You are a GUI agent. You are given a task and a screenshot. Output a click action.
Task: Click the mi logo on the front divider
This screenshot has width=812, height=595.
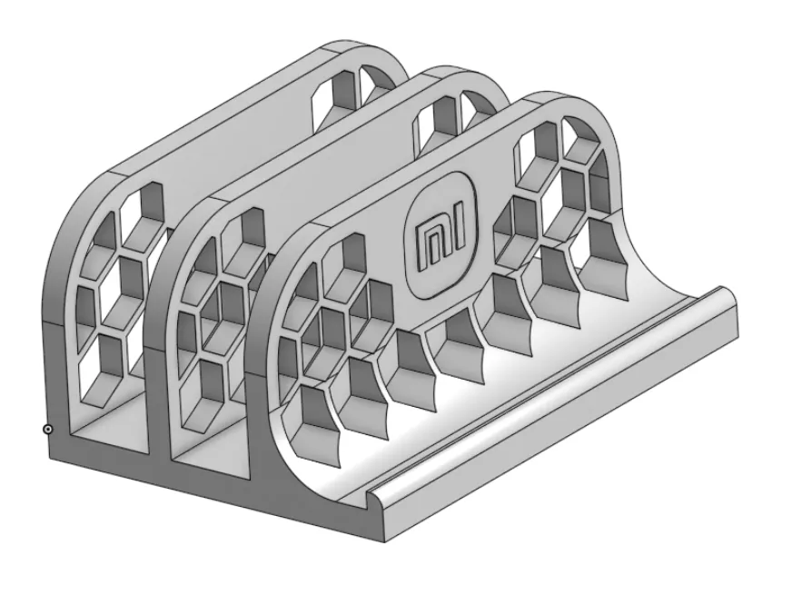[x=442, y=234]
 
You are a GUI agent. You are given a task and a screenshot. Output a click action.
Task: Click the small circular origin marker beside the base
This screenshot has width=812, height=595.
[x=47, y=430]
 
